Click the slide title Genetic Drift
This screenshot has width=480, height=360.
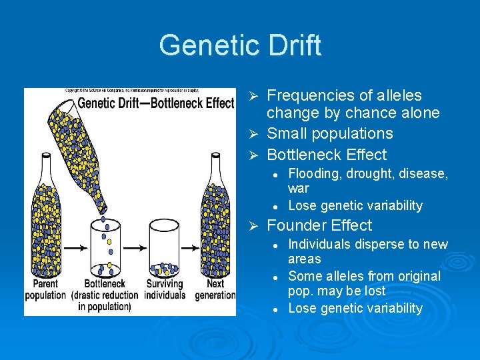[x=240, y=45]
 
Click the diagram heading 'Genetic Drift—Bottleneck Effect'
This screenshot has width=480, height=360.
[x=156, y=103]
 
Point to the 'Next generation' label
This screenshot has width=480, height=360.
[x=215, y=289]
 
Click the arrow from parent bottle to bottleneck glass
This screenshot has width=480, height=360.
[x=75, y=247]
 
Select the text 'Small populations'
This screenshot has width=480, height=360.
[x=329, y=133]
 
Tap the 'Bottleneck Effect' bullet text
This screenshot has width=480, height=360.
[x=326, y=155]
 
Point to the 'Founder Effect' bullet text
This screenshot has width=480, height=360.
[x=319, y=225]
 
